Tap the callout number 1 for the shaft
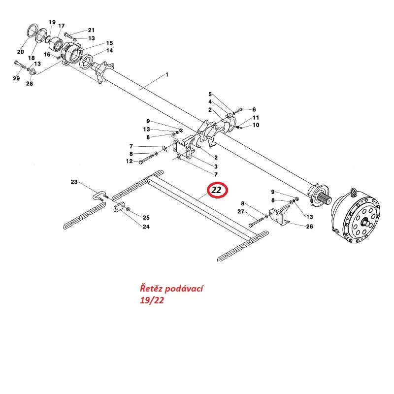coord(167,74)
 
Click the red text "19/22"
coord(151,301)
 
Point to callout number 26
coord(309,227)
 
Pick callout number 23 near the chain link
coord(74,182)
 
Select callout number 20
coord(20,52)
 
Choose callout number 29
coord(16,79)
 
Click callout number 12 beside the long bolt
coord(129,162)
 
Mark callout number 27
coord(241,211)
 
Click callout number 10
coord(256,125)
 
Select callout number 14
coord(109,51)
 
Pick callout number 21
coord(91,30)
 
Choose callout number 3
coord(215,166)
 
